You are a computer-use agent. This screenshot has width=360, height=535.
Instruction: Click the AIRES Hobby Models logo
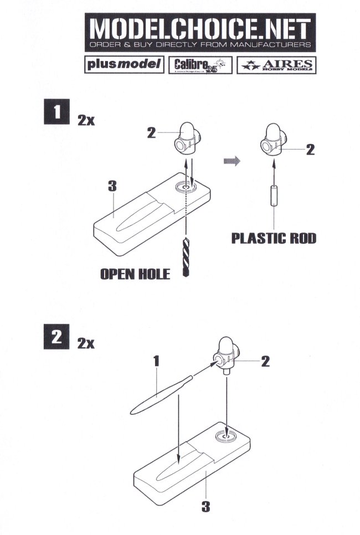point(275,65)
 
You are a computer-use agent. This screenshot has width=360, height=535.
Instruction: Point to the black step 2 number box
point(56,337)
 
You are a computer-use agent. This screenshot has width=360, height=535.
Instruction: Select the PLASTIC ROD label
point(274,238)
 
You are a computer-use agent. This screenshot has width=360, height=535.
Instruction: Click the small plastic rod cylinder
point(273,197)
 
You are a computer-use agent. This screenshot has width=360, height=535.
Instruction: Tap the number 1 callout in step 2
point(157,361)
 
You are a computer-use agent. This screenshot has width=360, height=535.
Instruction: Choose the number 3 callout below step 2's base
point(205,506)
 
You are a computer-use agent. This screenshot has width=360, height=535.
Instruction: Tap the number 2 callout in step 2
point(265,362)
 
